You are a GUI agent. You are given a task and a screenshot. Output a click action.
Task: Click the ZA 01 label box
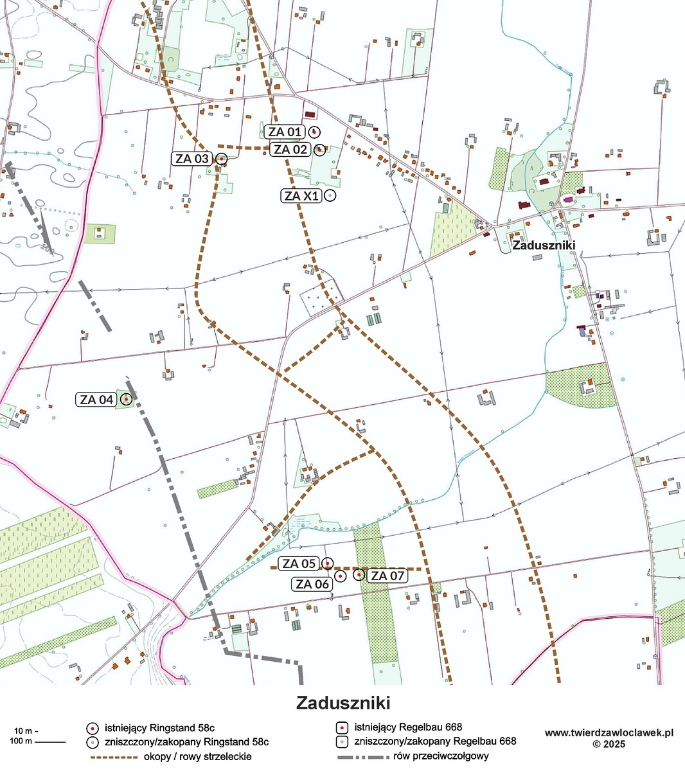(284, 132)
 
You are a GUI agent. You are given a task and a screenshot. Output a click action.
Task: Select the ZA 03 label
(191, 158)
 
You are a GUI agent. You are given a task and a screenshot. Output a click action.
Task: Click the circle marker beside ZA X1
(330, 196)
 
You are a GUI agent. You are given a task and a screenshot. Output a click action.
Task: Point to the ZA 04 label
(96, 400)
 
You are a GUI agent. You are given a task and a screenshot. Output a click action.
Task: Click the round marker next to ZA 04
(127, 400)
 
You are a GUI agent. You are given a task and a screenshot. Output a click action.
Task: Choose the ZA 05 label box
(299, 563)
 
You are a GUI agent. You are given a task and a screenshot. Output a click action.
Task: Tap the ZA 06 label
(312, 584)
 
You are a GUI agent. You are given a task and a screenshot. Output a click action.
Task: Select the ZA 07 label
(387, 576)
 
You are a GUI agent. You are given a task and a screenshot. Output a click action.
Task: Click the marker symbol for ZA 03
(221, 158)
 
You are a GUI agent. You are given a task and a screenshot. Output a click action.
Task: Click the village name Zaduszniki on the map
(543, 245)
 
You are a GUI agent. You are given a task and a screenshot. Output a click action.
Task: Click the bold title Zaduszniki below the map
(343, 703)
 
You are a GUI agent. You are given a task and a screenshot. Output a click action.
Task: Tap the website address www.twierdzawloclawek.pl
(609, 732)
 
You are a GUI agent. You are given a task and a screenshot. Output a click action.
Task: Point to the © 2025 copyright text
(609, 744)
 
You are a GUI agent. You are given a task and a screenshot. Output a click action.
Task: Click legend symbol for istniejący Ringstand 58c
(93, 728)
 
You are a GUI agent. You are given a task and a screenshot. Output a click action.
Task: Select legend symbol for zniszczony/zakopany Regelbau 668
(342, 741)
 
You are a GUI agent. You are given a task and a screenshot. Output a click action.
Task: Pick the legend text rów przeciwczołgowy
(441, 756)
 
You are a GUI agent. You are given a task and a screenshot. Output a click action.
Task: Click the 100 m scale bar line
(50, 742)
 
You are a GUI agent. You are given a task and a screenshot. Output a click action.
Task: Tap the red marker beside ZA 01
(314, 132)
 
